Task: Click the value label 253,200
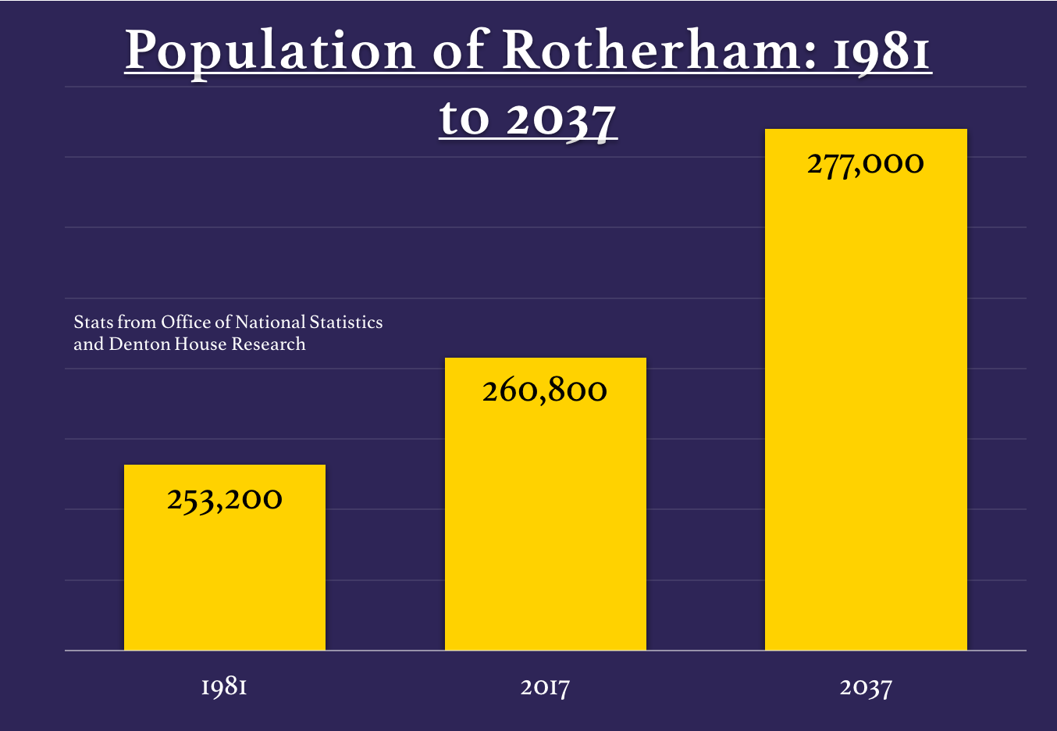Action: (x=225, y=499)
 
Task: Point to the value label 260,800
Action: (x=545, y=390)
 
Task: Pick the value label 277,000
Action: (x=866, y=163)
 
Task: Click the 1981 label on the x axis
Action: (x=225, y=687)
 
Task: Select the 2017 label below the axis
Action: (x=545, y=687)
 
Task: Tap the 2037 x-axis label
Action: (x=866, y=687)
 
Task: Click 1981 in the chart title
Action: (x=882, y=52)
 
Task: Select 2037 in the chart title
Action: (x=561, y=119)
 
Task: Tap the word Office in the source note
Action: (x=186, y=323)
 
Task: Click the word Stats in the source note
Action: (x=93, y=323)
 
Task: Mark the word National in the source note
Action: (x=270, y=323)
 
